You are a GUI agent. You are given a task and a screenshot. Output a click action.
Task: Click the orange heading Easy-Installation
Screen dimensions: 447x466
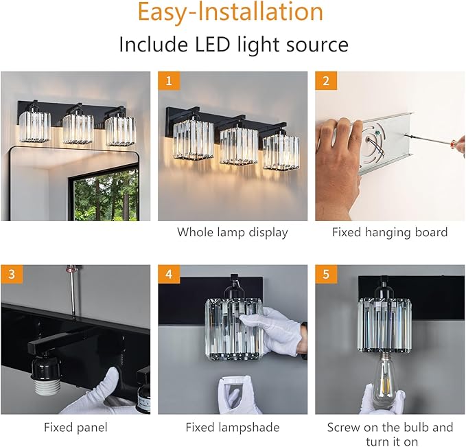pos(230,14)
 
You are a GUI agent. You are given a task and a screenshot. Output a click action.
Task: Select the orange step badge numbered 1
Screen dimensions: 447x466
pos(168,82)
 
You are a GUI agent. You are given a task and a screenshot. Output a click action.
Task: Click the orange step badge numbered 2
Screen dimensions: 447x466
pos(325,82)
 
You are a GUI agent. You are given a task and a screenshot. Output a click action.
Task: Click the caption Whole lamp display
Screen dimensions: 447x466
pos(232,232)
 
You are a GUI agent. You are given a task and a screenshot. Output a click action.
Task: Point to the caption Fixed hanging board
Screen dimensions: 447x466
pos(389,232)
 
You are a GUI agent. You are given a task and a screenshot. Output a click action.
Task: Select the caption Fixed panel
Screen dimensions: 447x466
pos(75,427)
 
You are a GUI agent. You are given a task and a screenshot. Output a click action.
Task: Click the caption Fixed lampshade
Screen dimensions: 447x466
pos(232,427)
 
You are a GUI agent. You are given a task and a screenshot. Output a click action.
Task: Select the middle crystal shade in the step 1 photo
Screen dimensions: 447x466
pos(237,143)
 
